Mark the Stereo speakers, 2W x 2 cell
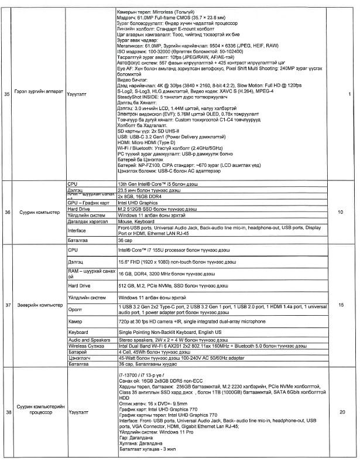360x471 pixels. pyautogui.click(x=156, y=340)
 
